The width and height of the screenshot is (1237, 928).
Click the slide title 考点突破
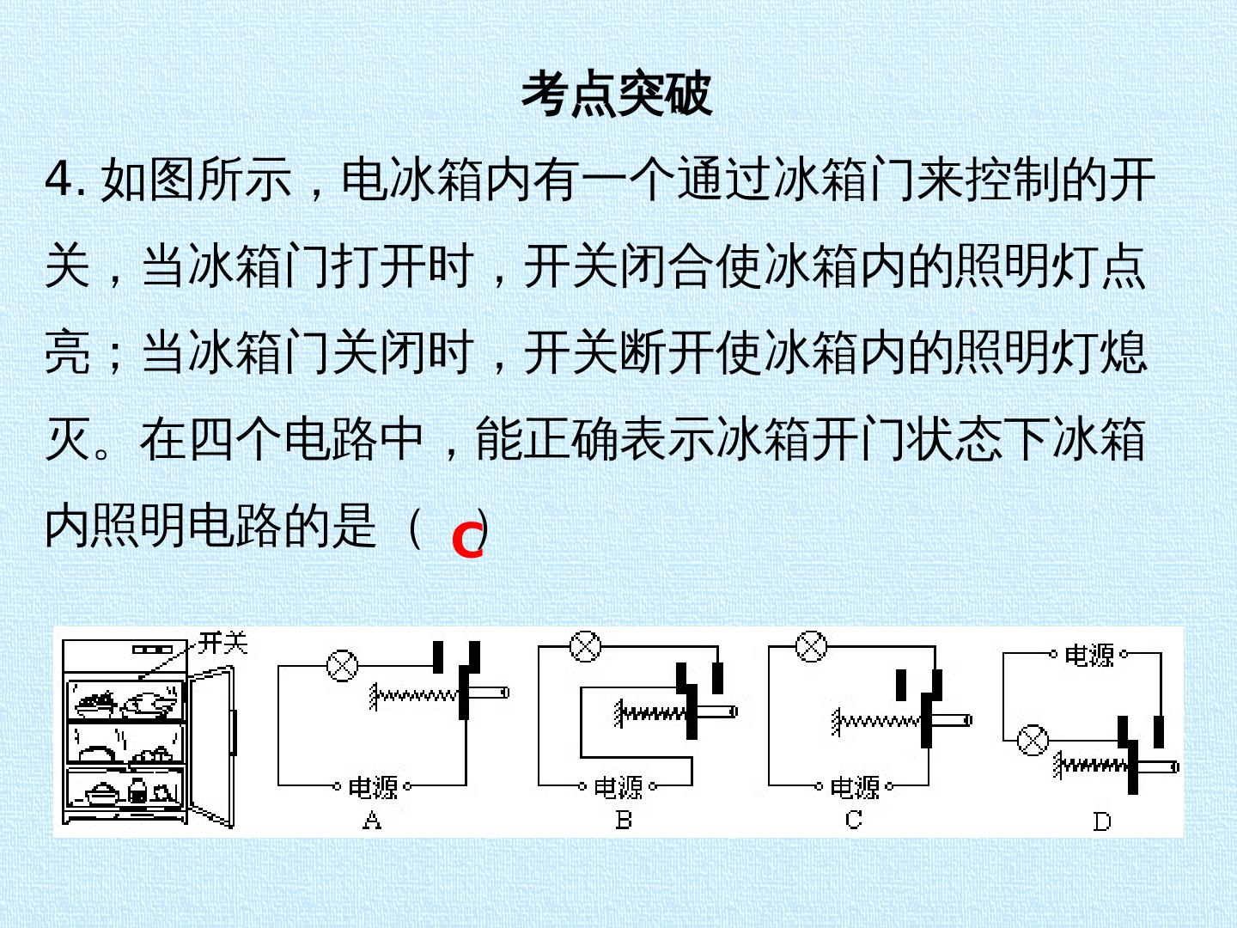[x=617, y=94]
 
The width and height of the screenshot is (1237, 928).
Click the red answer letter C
[x=468, y=540]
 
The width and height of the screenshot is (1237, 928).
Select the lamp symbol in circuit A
[x=343, y=665]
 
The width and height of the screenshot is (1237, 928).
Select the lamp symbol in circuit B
[x=586, y=645]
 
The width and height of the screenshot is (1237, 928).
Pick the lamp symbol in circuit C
[x=812, y=645]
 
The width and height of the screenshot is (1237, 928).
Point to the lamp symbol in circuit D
[x=1033, y=740]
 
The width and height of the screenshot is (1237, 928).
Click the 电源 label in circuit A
[x=373, y=786]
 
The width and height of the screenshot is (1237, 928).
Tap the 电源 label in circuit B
[x=618, y=786]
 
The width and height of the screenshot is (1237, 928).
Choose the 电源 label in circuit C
[x=855, y=786]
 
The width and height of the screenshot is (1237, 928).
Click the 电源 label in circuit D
[x=1088, y=655]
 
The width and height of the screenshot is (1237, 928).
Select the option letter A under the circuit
[x=372, y=820]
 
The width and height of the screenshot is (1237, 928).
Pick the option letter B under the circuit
[x=624, y=820]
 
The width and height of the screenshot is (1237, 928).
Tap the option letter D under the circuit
[x=1102, y=821]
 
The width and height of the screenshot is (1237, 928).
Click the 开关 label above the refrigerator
[x=223, y=643]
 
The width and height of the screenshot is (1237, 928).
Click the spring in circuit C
[x=876, y=721]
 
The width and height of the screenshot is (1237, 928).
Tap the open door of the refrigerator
[x=211, y=747]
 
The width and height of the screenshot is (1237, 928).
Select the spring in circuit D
[x=1091, y=766]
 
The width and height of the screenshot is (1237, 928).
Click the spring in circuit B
[x=651, y=714]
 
